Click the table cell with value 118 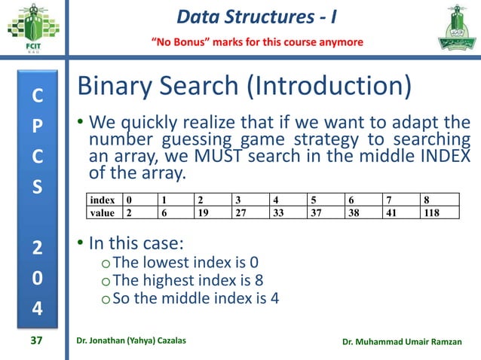pyautogui.click(x=440, y=213)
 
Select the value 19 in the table pyautogui.click(x=210, y=213)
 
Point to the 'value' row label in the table pyautogui.click(x=102, y=213)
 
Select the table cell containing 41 pyautogui.click(x=402, y=213)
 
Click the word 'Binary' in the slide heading pyautogui.click(x=117, y=88)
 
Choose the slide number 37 pyautogui.click(x=35, y=341)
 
